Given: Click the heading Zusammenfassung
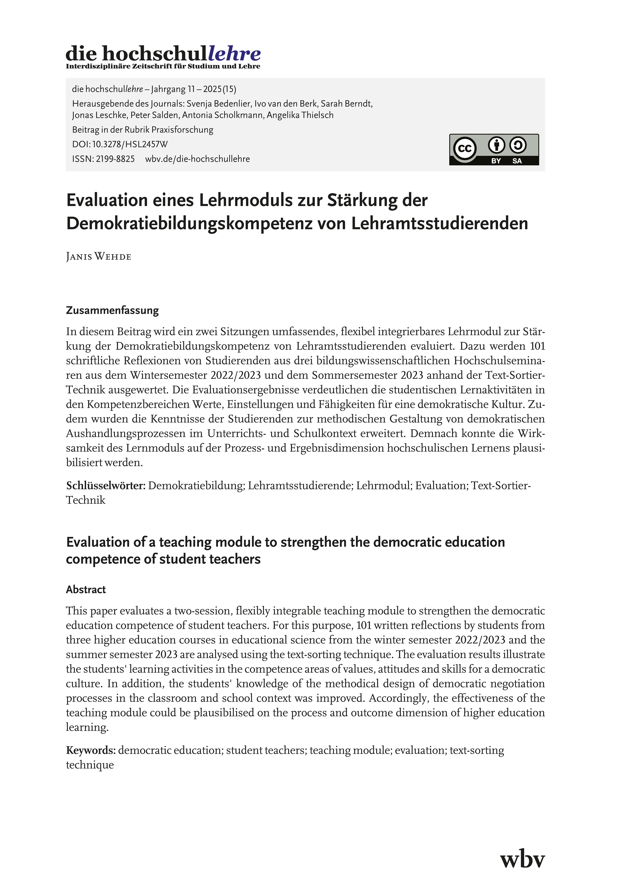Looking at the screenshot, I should point(112,310).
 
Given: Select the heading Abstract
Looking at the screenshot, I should point(86,590).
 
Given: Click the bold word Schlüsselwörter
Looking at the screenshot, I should point(105,486).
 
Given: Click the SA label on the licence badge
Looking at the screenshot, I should point(517,161).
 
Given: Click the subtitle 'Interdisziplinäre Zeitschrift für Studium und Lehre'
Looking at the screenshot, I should point(163,66).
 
